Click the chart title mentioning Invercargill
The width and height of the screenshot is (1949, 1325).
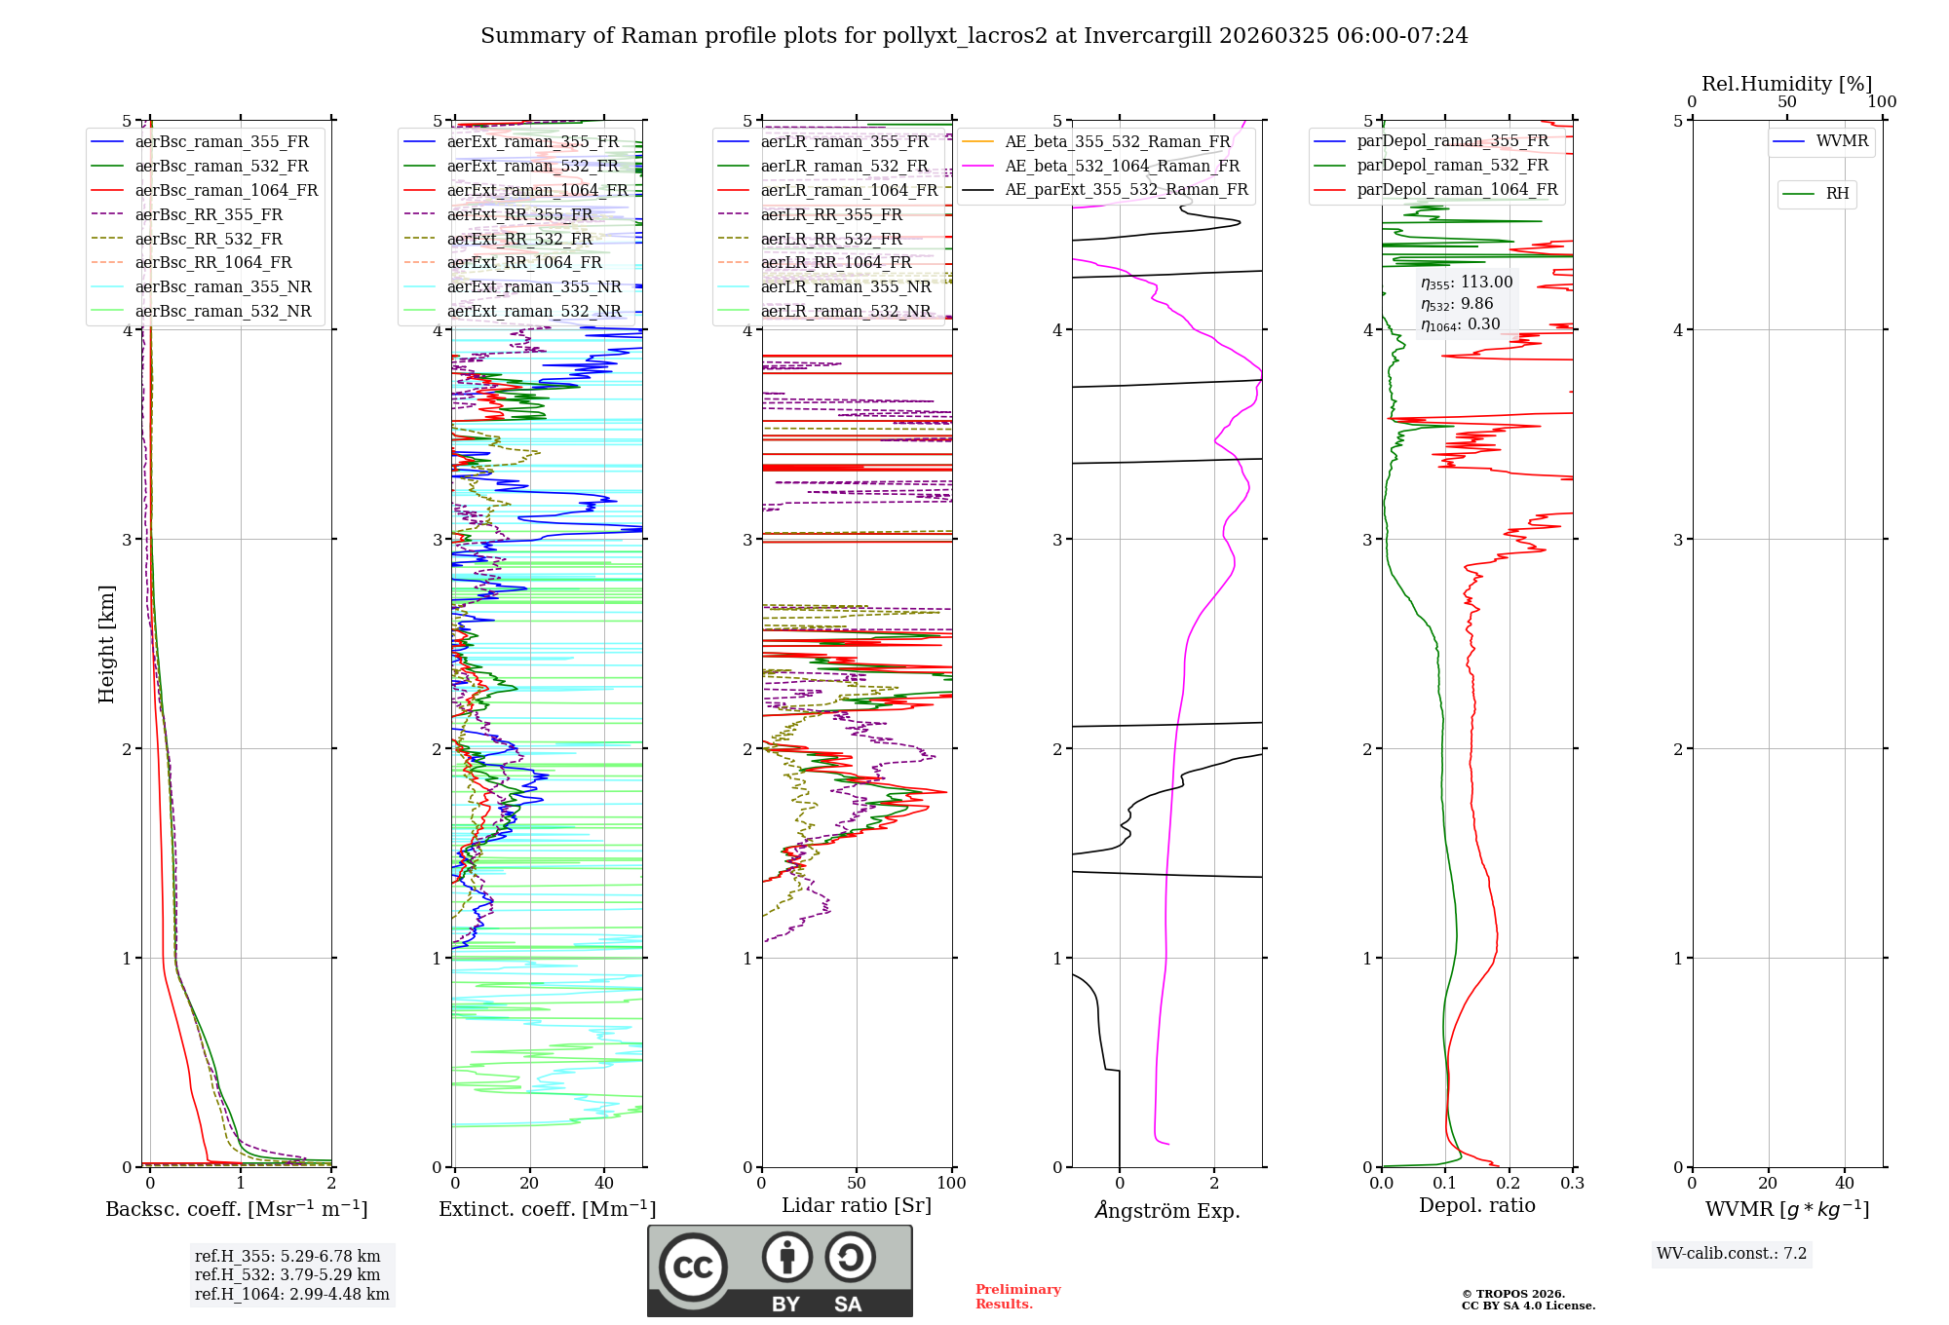[x=974, y=36]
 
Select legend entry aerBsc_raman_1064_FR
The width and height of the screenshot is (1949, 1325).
[x=226, y=190]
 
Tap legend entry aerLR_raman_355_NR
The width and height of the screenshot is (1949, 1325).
[x=845, y=286]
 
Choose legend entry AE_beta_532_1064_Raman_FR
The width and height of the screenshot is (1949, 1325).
[x=1122, y=166]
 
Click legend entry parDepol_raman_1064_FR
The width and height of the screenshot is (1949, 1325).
[x=1457, y=189]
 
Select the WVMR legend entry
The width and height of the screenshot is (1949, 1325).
[x=1841, y=141]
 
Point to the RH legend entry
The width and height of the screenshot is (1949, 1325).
[x=1837, y=194]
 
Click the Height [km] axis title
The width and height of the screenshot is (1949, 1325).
[x=106, y=644]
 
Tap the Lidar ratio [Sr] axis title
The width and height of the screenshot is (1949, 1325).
[x=857, y=1205]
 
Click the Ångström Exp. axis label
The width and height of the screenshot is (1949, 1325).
[x=1166, y=1210]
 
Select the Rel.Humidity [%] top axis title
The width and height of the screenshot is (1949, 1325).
[x=1786, y=84]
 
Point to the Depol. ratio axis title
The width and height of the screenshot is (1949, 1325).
[x=1476, y=1205]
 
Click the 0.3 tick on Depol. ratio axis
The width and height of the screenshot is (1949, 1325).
[x=1572, y=1183]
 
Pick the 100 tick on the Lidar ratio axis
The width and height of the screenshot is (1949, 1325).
[x=951, y=1183]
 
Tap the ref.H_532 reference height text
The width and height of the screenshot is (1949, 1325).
[x=287, y=1274]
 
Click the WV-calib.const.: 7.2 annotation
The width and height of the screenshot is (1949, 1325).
[x=1732, y=1253]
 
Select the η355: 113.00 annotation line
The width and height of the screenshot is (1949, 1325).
[x=1467, y=283]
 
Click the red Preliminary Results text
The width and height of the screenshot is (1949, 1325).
[x=1017, y=1296]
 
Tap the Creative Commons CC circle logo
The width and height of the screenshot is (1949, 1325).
[x=693, y=1267]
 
